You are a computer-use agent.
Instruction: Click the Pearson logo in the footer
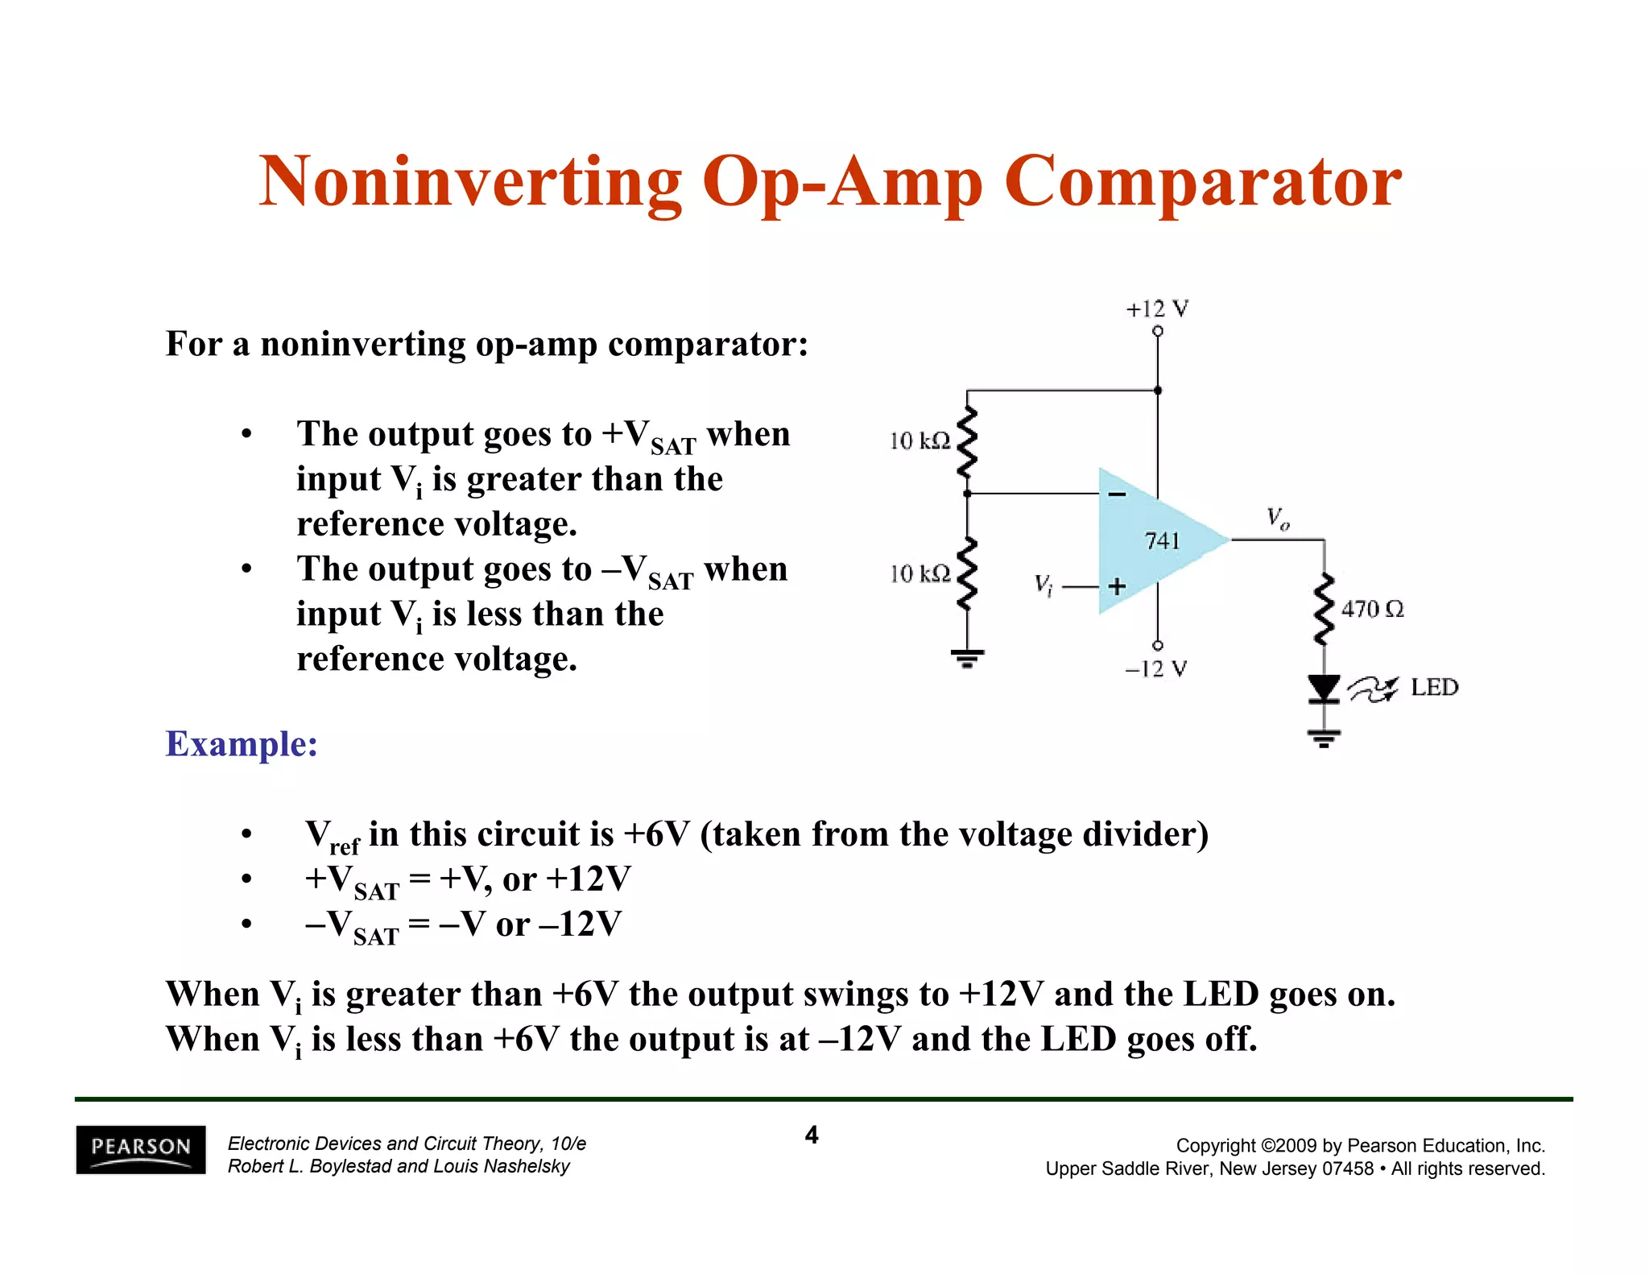pyautogui.click(x=141, y=1148)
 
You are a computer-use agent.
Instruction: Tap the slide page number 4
pyautogui.click(x=812, y=1135)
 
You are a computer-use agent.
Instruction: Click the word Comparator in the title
pyautogui.click(x=1203, y=183)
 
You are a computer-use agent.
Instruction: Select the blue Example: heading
pyautogui.click(x=242, y=743)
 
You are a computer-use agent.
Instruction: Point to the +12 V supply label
pyautogui.click(x=1157, y=309)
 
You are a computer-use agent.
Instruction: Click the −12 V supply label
pyautogui.click(x=1156, y=669)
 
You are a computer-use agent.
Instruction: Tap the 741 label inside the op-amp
pyautogui.click(x=1162, y=541)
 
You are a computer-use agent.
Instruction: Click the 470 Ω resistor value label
pyautogui.click(x=1373, y=610)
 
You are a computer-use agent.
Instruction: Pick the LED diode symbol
pyautogui.click(x=1324, y=689)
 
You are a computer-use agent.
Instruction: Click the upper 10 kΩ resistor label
pyautogui.click(x=920, y=441)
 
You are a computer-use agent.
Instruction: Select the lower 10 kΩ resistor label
pyautogui.click(x=920, y=574)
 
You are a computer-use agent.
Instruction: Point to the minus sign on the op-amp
pyautogui.click(x=1118, y=494)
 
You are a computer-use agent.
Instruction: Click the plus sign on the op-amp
pyautogui.click(x=1117, y=586)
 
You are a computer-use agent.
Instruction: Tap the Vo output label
pyautogui.click(x=1278, y=518)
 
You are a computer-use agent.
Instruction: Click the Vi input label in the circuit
pyautogui.click(x=1044, y=585)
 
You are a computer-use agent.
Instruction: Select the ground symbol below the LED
pyautogui.click(x=1324, y=738)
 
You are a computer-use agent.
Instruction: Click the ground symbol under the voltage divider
pyautogui.click(x=967, y=659)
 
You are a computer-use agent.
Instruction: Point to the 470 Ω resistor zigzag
pyautogui.click(x=1324, y=610)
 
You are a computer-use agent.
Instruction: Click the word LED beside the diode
pyautogui.click(x=1434, y=688)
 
